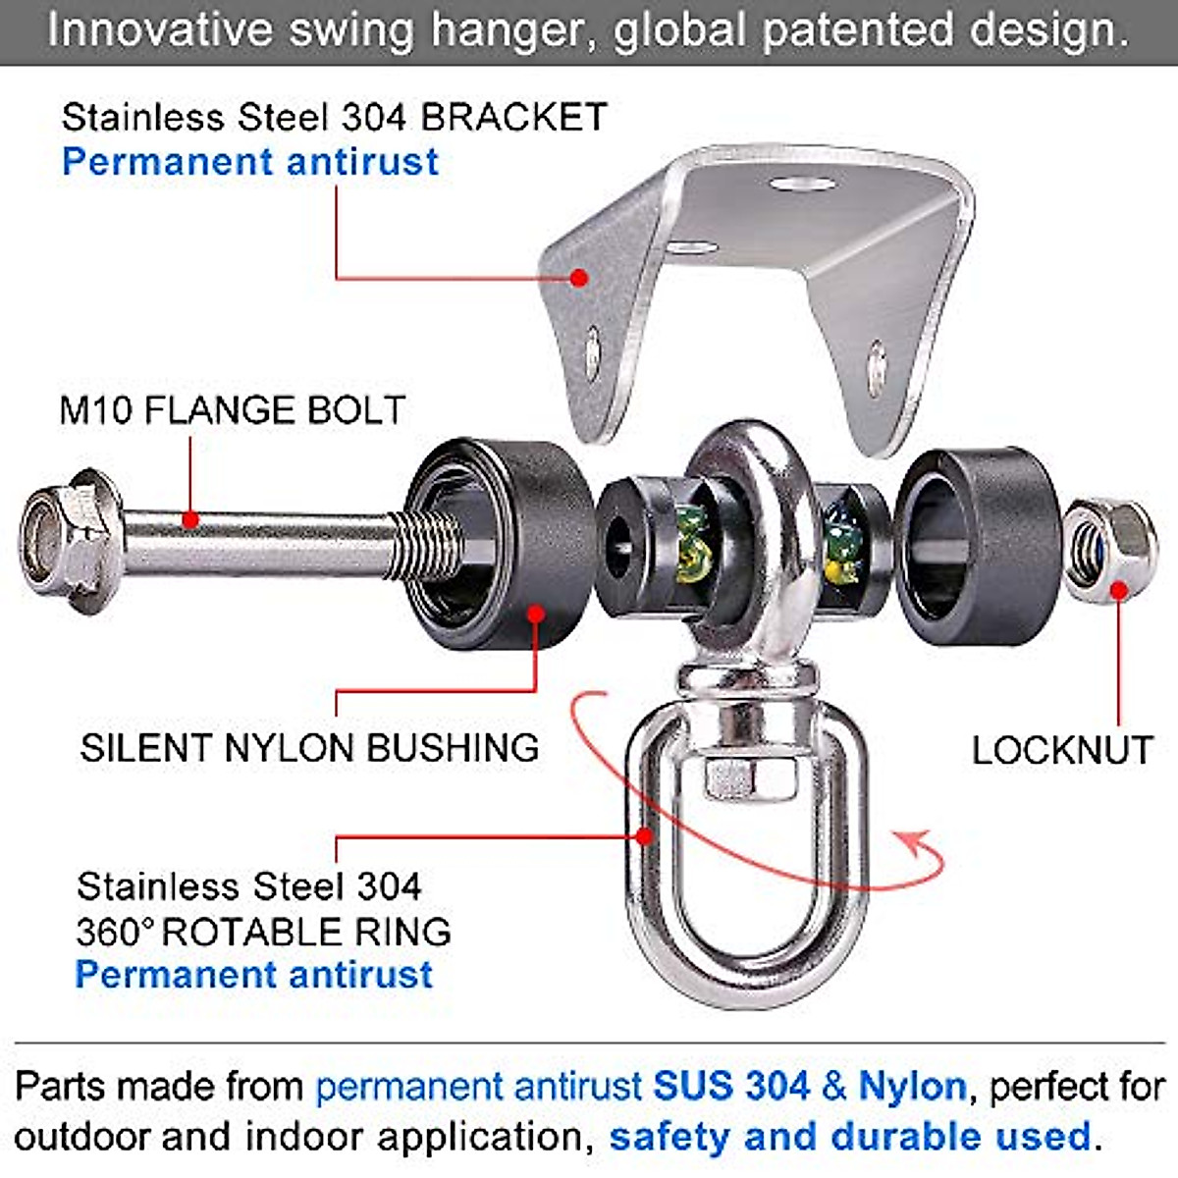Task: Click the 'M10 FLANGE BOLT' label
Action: pos(232,410)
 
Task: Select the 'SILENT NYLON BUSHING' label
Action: pos(309,748)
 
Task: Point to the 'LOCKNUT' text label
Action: pos(1062,751)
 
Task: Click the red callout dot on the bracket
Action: pos(579,278)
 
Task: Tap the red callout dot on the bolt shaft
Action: pos(191,518)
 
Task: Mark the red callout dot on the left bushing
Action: pos(536,614)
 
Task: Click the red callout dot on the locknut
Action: pos(1118,589)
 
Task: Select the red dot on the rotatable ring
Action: pos(644,836)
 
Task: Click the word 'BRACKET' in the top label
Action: pos(514,118)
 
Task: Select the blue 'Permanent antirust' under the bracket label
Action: pos(250,162)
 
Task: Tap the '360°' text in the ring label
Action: pos(114,932)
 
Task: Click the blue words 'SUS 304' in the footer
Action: pos(731,1087)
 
